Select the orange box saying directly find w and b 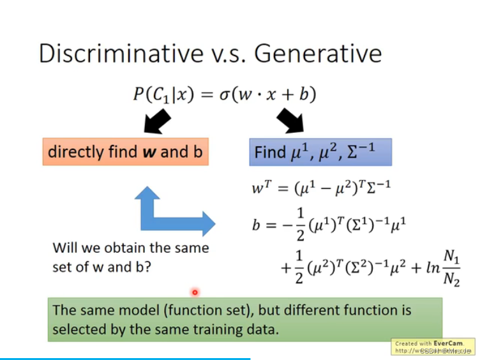point(126,152)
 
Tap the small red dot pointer point(195,292)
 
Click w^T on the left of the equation point(262,189)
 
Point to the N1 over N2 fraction point(451,267)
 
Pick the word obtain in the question point(123,248)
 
